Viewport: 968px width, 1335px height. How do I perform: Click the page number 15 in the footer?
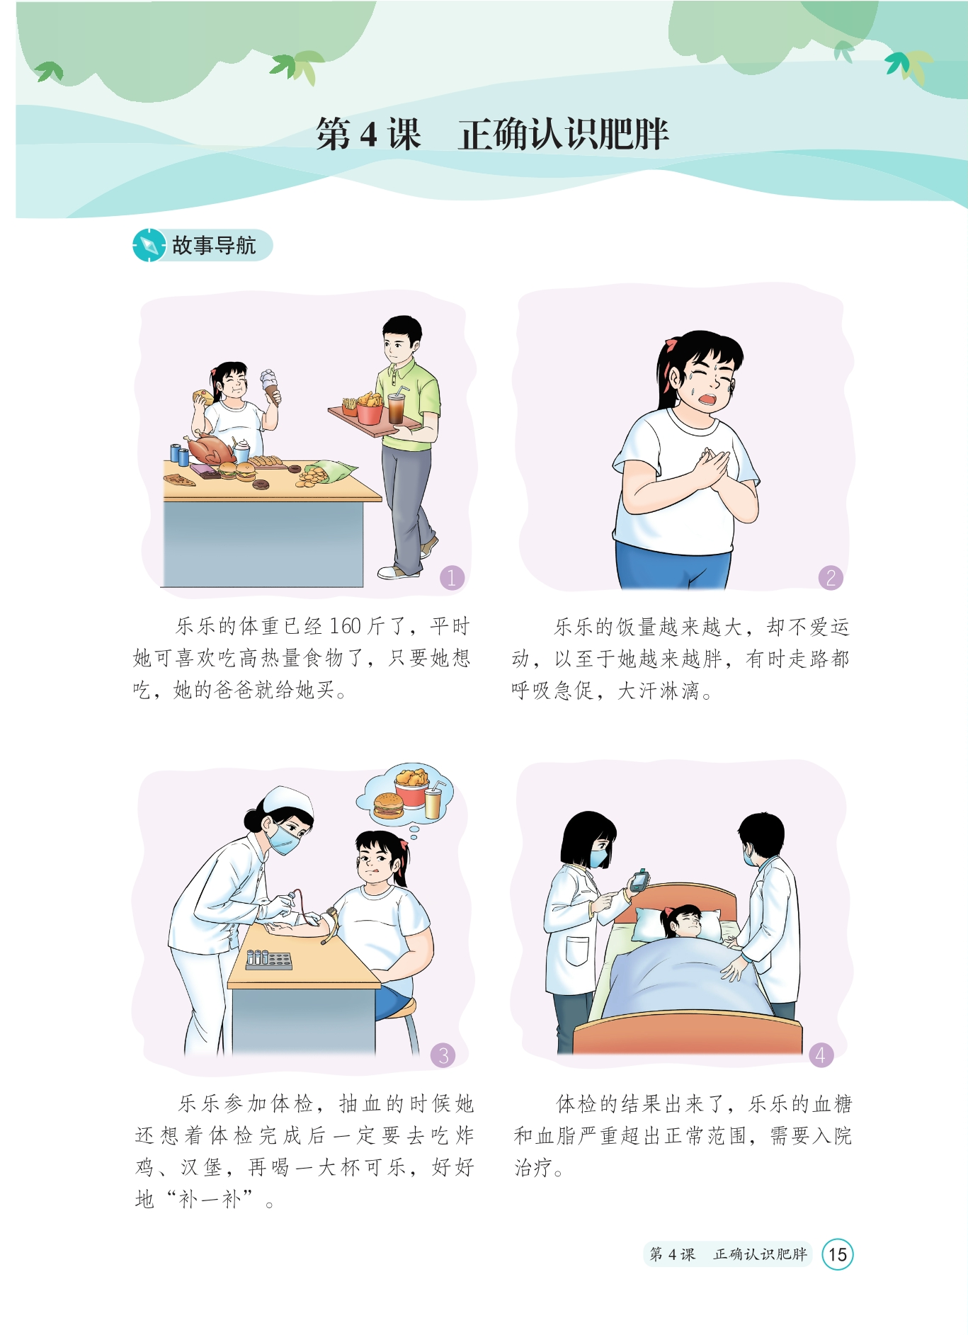838,1254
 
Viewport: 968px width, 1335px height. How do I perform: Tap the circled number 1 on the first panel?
452,577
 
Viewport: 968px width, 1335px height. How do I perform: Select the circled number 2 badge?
831,577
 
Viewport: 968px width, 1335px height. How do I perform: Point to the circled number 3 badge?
443,1055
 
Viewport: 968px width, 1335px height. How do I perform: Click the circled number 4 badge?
821,1055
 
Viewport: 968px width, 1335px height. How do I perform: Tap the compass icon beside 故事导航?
149,246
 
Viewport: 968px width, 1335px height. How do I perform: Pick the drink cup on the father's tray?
397,407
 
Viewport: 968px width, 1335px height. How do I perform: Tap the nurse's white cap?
289,802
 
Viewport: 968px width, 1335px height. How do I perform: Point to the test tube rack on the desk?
269,960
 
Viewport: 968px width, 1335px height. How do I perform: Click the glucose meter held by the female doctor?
639,880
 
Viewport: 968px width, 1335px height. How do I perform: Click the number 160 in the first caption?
346,626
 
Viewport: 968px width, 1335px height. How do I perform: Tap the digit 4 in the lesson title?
368,134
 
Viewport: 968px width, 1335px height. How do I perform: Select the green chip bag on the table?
333,469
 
